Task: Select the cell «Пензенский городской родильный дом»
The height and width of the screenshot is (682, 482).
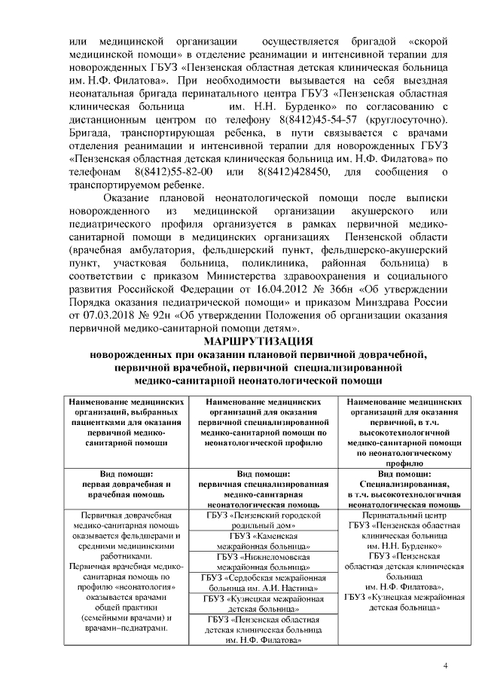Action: tap(268, 521)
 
